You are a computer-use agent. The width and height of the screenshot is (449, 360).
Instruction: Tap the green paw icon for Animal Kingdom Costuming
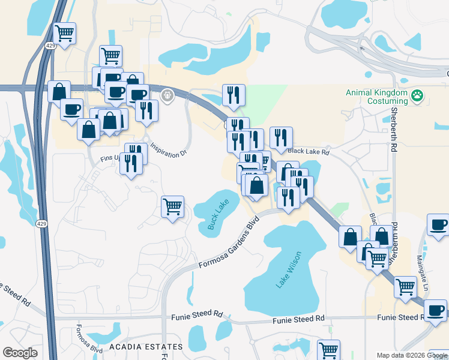click(x=418, y=95)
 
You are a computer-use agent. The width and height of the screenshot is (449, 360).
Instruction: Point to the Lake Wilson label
click(x=288, y=270)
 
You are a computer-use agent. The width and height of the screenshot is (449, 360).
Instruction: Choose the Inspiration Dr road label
click(x=169, y=150)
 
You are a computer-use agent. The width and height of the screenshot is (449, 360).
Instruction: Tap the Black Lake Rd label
click(x=309, y=152)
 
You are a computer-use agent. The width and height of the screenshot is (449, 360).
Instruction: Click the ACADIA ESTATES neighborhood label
click(x=146, y=347)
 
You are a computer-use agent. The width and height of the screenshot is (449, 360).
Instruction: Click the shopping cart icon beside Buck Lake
click(x=172, y=206)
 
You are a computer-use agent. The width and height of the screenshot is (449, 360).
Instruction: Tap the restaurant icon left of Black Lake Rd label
click(x=281, y=137)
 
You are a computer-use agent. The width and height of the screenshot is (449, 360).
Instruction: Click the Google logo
click(x=20, y=352)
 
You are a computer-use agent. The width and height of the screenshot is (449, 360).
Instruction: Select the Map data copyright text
click(x=411, y=355)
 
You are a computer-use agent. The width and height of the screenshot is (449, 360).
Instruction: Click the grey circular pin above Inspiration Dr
click(x=167, y=94)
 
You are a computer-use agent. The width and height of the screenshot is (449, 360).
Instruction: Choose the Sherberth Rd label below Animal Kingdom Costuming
click(x=394, y=128)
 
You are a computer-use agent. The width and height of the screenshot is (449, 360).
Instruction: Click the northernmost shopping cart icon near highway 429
click(x=64, y=33)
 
